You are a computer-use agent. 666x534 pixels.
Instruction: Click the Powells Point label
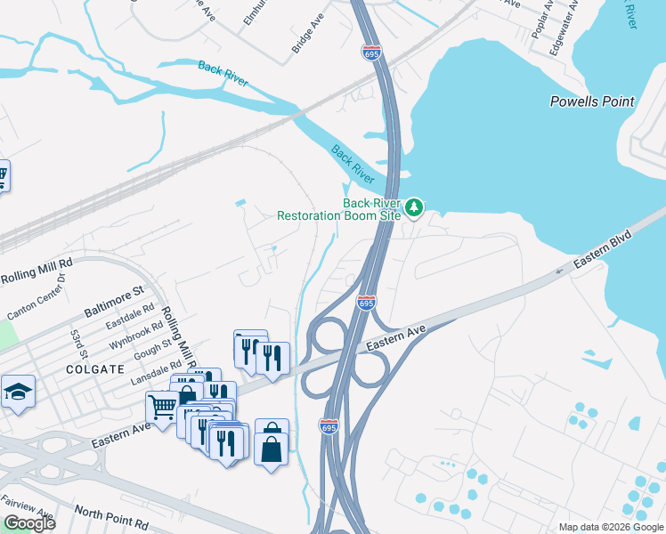tap(592, 101)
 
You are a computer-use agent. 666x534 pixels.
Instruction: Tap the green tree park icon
tap(413, 207)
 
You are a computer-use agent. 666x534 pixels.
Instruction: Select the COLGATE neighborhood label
tap(94, 368)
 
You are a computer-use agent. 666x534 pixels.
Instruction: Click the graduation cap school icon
tap(17, 392)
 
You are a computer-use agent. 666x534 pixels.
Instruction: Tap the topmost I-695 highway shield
tap(372, 53)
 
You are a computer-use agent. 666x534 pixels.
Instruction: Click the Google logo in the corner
tap(29, 523)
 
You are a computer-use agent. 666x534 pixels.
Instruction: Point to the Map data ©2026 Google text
tap(611, 527)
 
